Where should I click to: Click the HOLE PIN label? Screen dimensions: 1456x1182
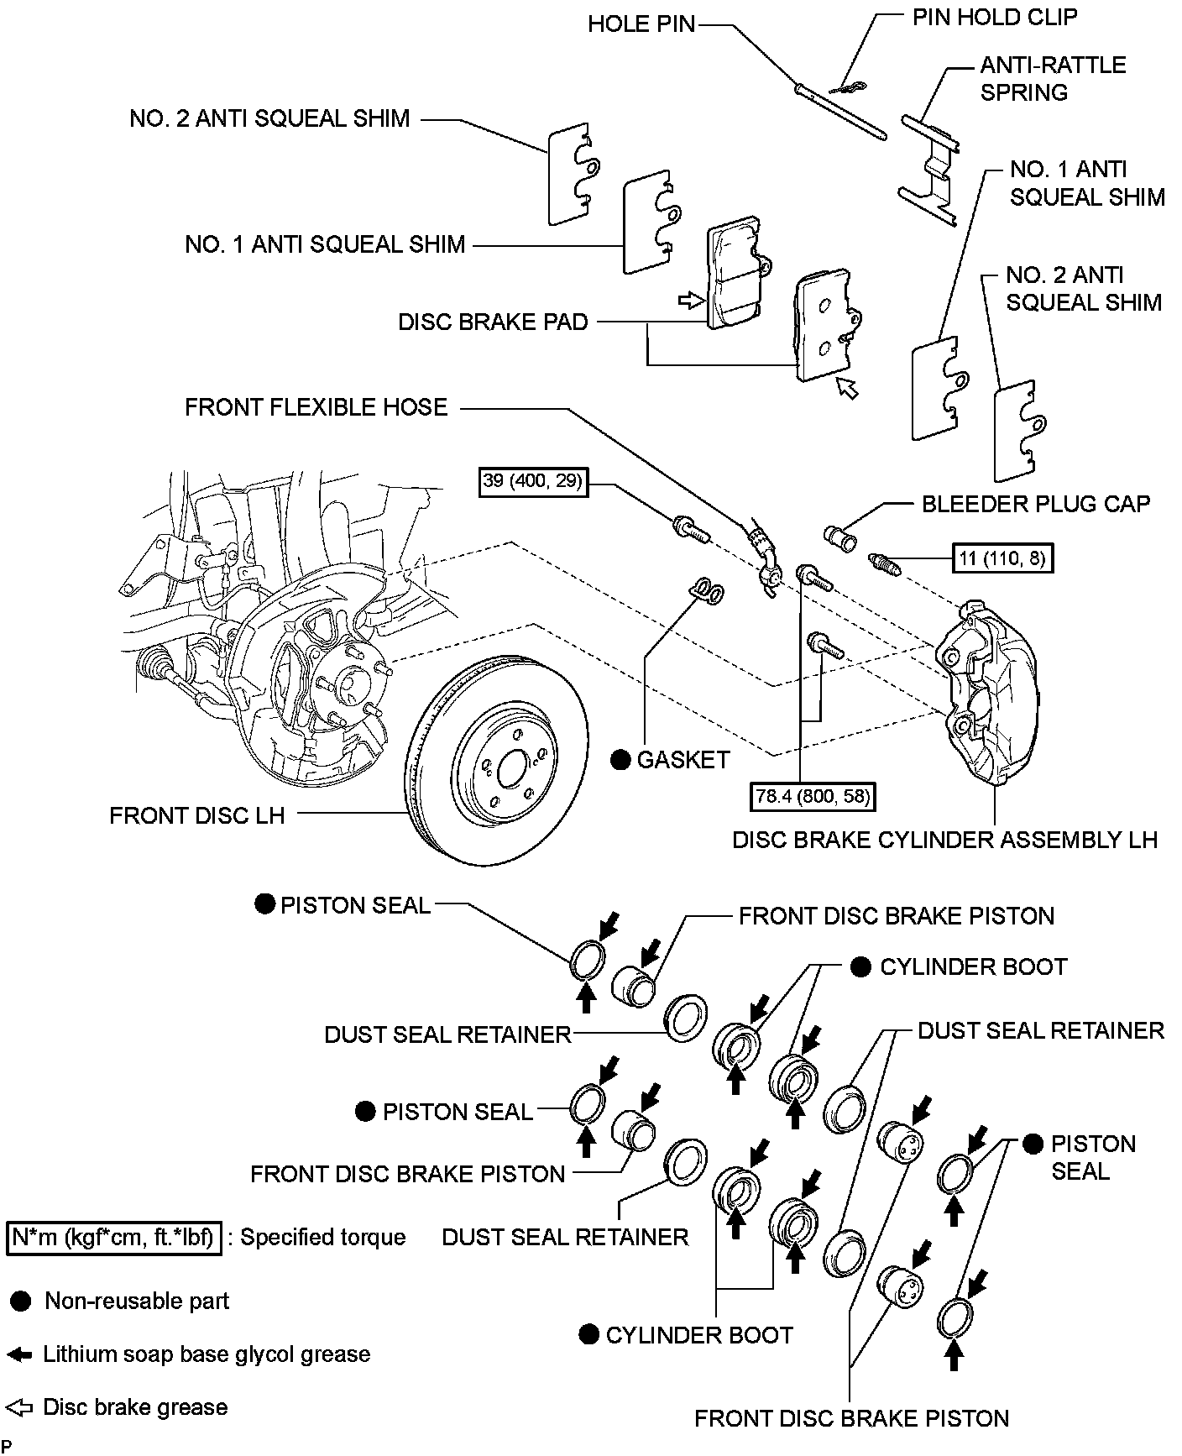pos(641,24)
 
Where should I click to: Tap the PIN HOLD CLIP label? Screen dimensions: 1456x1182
pos(995,17)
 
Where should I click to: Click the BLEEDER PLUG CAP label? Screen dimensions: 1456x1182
pos(1036,504)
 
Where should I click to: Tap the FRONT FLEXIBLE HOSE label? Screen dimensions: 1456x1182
pos(316,408)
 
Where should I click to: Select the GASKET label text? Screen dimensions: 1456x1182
pos(683,760)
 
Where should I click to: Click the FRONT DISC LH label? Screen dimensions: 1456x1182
pos(197,815)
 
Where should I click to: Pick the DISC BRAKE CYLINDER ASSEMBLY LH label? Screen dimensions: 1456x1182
pos(944,840)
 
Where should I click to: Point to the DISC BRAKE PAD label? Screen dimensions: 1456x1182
pos(493,322)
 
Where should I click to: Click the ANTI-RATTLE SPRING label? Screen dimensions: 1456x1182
pos(1053,79)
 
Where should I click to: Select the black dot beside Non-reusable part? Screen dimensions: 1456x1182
pos(22,1301)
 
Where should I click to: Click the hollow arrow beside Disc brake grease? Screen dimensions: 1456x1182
pos(18,1407)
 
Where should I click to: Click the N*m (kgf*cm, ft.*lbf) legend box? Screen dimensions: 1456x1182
pos(113,1238)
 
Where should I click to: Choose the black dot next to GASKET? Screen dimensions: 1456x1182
pos(620,760)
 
